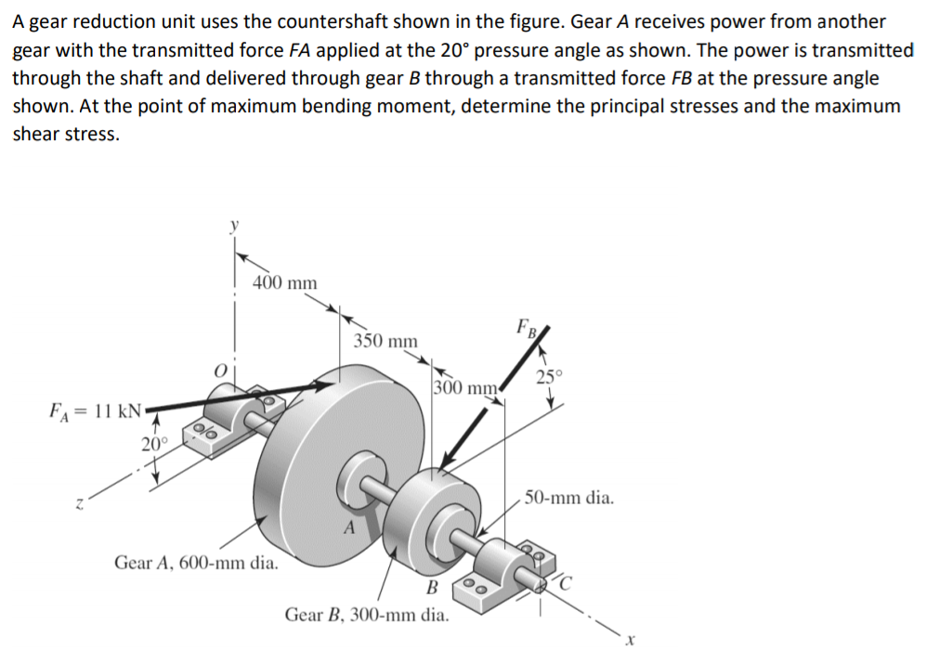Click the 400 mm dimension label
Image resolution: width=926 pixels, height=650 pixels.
tap(285, 282)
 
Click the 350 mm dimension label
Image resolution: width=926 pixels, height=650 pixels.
tap(385, 341)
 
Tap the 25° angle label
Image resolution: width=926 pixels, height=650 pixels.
tap(550, 376)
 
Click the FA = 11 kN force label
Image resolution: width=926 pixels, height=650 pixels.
tap(92, 409)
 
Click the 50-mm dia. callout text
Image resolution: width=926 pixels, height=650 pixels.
tap(568, 499)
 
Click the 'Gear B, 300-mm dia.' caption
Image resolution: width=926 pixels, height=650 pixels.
tap(367, 615)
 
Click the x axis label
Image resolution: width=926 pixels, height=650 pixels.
tap(629, 639)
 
